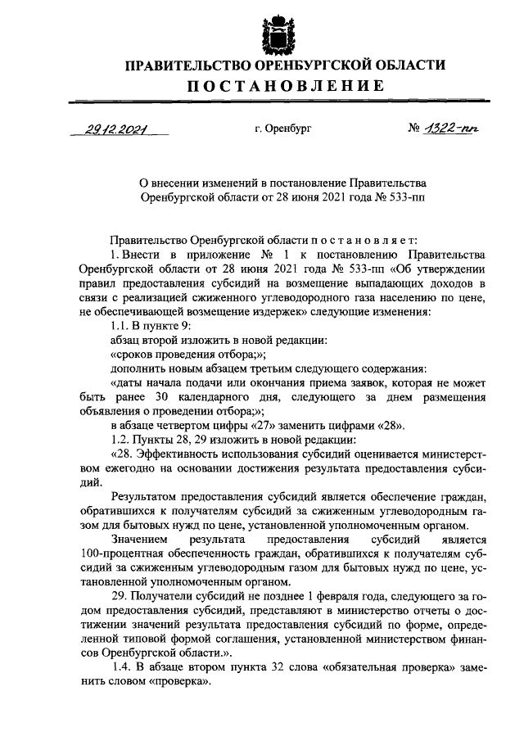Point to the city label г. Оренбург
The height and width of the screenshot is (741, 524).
(x=283, y=129)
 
